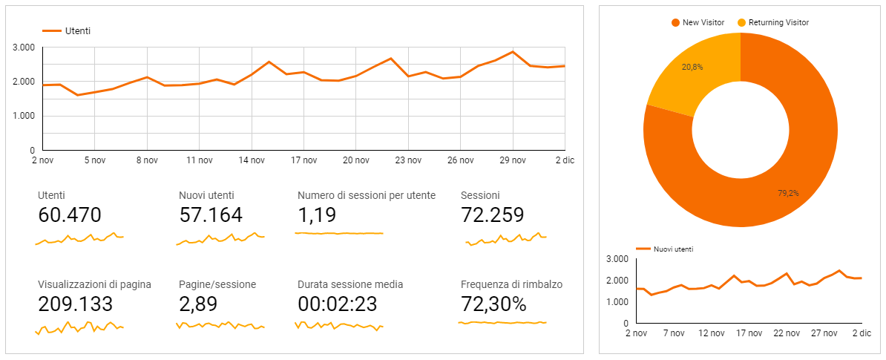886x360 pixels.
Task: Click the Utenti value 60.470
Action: pos(69,215)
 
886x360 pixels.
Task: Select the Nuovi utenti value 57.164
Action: pos(211,215)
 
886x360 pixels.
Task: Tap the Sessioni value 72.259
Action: pos(493,215)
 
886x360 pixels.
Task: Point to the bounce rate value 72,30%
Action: pos(493,304)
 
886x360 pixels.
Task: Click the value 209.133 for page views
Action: pos(75,304)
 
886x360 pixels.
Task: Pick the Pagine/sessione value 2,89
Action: pos(200,304)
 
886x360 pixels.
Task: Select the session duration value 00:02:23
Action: pos(338,304)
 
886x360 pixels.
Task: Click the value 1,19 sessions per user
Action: pos(317,215)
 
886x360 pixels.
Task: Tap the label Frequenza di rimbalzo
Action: pos(511,284)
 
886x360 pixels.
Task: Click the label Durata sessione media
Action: pos(350,284)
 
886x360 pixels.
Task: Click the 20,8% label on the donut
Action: pos(692,67)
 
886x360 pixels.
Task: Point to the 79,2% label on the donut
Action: pos(789,193)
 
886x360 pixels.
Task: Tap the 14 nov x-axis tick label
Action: pos(252,160)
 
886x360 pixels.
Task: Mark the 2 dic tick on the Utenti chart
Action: pos(564,160)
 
